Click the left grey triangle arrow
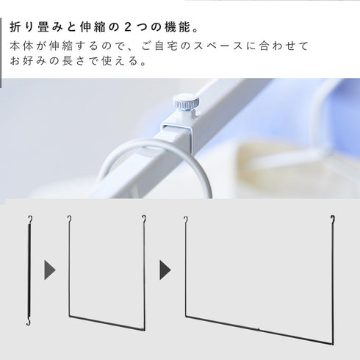pyautogui.click(x=50, y=270)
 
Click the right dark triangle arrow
pyautogui.click(x=165, y=270)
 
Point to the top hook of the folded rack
pyautogui.click(x=30, y=219)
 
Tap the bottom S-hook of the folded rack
pyautogui.click(x=29, y=321)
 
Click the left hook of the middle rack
pyautogui.click(x=70, y=219)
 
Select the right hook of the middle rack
pyautogui.click(x=144, y=219)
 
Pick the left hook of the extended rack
pyautogui.click(x=186, y=219)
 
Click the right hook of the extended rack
pyautogui.click(x=333, y=219)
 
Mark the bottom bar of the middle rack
pyautogui.click(x=107, y=323)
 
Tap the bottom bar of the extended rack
pyautogui.click(x=259, y=330)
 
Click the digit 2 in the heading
pyautogui.click(x=128, y=27)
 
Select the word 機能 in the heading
pyautogui.click(x=178, y=27)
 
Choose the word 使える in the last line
pyautogui.click(x=120, y=60)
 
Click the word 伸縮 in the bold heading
pyautogui.click(x=93, y=27)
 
